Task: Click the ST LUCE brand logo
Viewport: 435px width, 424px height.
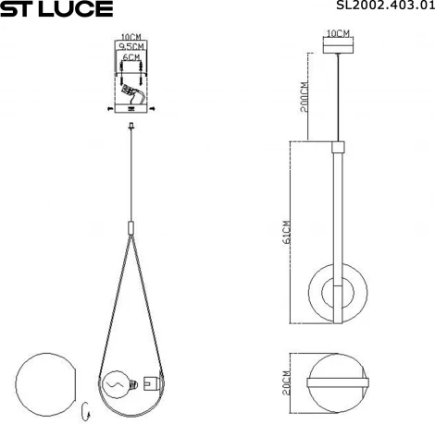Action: (56, 9)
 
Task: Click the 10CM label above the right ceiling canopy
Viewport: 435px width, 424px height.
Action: (340, 34)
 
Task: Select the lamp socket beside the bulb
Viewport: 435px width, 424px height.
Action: (150, 379)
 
